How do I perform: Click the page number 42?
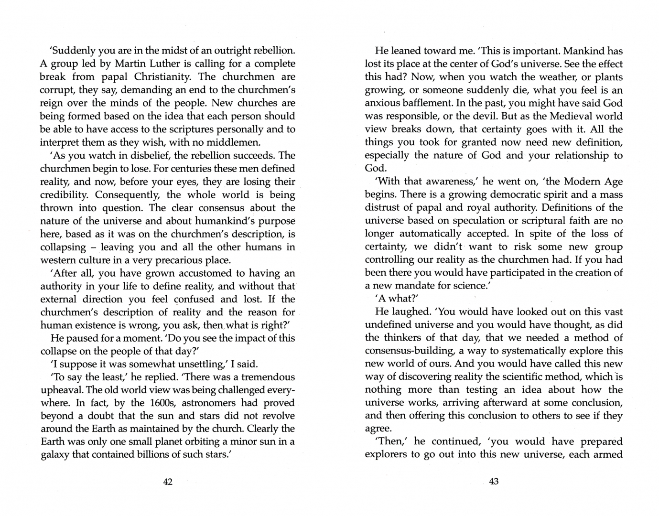168,482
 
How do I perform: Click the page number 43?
494,481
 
